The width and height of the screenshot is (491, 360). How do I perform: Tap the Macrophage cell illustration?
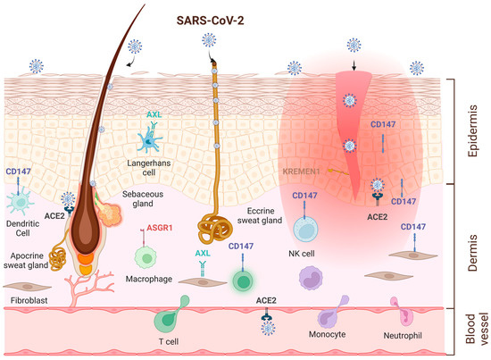coord(145,257)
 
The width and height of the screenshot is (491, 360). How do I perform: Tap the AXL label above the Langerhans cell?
coord(153,116)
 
